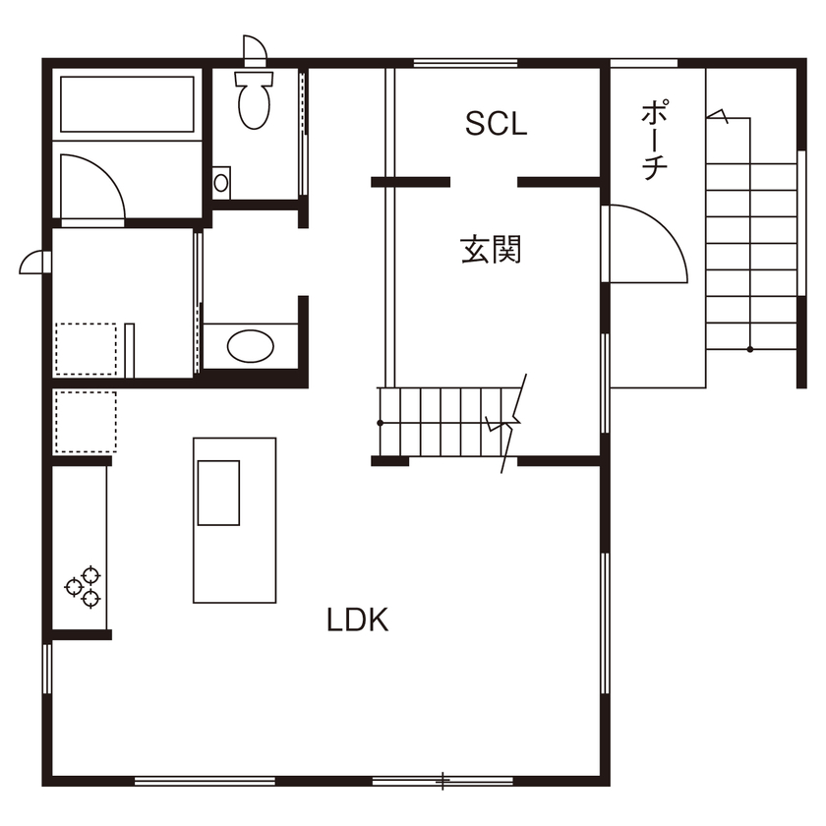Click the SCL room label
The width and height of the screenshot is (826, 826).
coord(496,124)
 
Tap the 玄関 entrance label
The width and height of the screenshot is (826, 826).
coord(491,249)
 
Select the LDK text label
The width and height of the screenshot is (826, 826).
coord(358,620)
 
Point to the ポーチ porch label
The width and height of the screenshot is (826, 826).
coord(655,139)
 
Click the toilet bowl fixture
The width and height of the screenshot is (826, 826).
coord(254,100)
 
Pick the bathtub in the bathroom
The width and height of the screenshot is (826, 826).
coord(127,104)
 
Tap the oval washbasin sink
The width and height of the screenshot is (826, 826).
coord(250,346)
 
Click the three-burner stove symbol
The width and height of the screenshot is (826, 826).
coord(84,587)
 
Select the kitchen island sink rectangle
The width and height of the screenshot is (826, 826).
coord(218,493)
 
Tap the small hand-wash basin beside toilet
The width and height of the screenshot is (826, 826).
coord(221,183)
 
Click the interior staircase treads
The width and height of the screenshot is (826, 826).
coord(447,422)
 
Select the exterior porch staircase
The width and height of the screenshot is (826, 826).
coord(751,256)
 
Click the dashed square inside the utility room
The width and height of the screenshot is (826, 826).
coord(86,349)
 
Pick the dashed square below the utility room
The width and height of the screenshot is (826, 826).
coord(86,422)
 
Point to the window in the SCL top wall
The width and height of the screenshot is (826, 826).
coord(466,63)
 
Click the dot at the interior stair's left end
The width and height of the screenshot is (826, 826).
coord(380,423)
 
